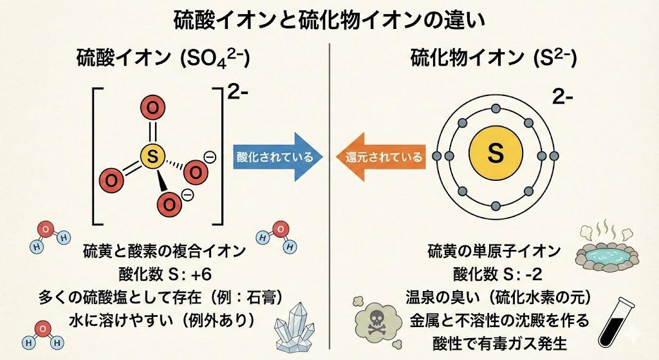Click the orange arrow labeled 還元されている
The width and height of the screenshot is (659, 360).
pyautogui.click(x=381, y=156)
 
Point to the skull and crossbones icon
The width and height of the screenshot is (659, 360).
pyautogui.click(x=374, y=319)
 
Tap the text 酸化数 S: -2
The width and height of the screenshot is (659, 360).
pyautogui.click(x=494, y=274)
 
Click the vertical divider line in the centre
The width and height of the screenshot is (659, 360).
pyautogui.click(x=329, y=193)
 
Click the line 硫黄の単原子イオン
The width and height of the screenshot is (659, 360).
pyautogui.click(x=494, y=251)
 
